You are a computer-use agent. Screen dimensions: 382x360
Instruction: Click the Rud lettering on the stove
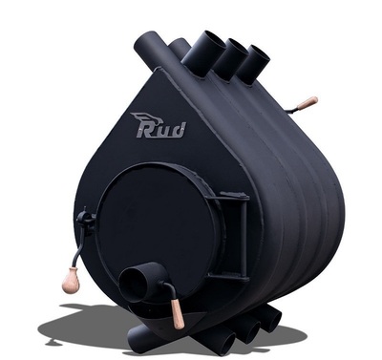(x=161, y=130)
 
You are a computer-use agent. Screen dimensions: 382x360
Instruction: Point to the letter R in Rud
(x=145, y=131)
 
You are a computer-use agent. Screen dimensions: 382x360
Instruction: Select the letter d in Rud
(x=179, y=130)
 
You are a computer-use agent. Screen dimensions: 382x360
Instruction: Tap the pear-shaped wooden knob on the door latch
(x=70, y=280)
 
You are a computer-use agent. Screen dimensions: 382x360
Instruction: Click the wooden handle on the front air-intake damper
(x=178, y=314)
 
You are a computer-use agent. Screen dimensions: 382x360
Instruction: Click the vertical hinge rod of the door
(x=244, y=239)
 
